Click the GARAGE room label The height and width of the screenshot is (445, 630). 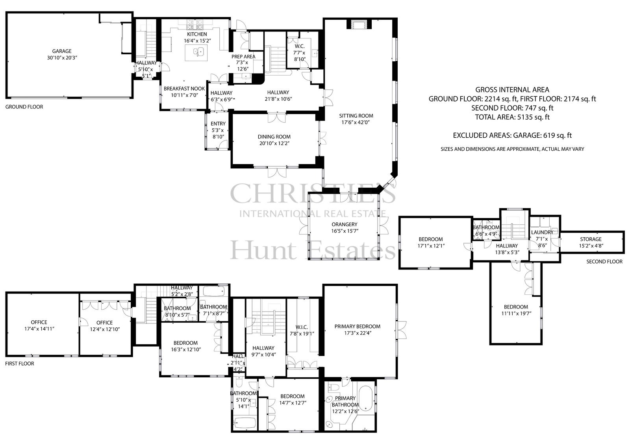(x=61, y=51)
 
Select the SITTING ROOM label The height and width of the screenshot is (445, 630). (x=356, y=116)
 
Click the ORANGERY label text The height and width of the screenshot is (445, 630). (x=344, y=224)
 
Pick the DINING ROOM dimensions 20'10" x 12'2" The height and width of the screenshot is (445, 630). (x=274, y=143)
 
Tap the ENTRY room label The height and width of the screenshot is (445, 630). (x=218, y=124)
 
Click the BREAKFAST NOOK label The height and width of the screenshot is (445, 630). (x=184, y=89)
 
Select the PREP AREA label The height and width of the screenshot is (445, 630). (x=243, y=57)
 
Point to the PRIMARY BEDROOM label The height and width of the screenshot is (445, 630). (x=357, y=326)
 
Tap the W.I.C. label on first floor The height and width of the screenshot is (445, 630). (x=302, y=327)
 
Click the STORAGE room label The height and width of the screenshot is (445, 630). (x=591, y=239)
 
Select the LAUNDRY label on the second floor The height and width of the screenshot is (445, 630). (x=542, y=232)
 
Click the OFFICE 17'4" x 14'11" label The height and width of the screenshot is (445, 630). (x=39, y=325)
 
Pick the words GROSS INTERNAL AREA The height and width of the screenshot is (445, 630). (x=512, y=90)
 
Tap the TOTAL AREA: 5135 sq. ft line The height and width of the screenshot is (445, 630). (x=512, y=117)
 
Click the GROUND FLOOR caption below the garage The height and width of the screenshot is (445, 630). (x=24, y=107)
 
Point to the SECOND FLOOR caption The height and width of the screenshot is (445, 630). (x=604, y=261)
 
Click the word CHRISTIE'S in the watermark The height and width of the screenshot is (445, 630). (x=313, y=193)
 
